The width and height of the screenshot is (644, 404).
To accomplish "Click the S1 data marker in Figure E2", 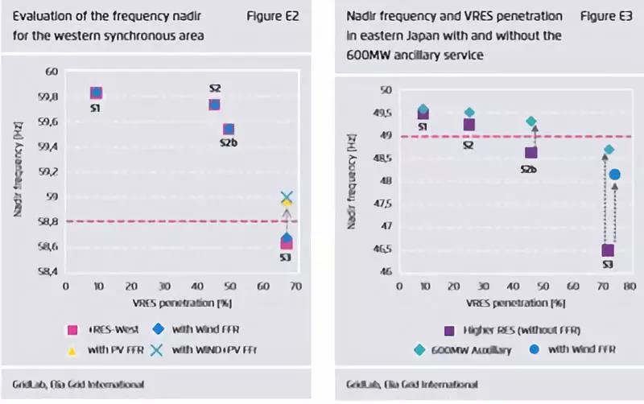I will [96, 93].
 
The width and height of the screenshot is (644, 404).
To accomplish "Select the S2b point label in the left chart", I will [228, 142].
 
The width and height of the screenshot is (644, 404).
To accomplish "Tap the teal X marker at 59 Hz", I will [287, 197].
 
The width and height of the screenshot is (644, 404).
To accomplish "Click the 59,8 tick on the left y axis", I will [50, 97].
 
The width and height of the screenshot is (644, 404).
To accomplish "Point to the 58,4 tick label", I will [50, 272].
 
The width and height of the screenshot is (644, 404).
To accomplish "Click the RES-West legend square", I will [72, 328].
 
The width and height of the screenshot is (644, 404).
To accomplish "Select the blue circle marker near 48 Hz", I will [615, 175].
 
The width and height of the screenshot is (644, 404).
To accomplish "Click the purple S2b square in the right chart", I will [530, 152].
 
